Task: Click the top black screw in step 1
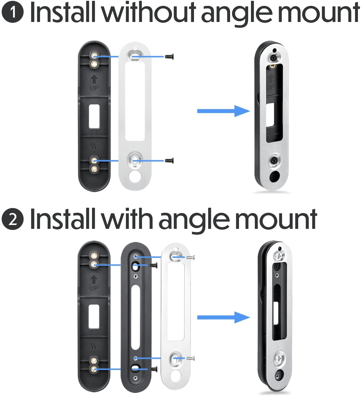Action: point(168,57)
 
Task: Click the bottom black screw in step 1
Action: point(169,160)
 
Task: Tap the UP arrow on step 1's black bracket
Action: point(94,80)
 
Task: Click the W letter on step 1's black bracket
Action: point(94,146)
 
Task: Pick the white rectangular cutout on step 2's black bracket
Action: point(94,316)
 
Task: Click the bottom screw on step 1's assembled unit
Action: point(273,160)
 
